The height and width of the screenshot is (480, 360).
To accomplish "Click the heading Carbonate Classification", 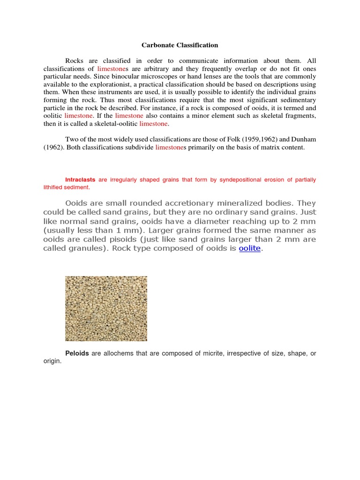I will tap(180, 45).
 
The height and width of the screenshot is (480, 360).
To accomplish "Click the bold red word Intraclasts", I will tap(80, 180).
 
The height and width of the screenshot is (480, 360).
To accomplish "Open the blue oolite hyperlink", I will tap(249, 248).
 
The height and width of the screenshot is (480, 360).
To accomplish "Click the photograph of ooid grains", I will tap(106, 308).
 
